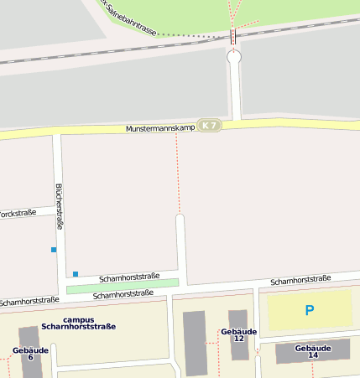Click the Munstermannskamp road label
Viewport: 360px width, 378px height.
coord(160,128)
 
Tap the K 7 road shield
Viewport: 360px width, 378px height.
coord(209,126)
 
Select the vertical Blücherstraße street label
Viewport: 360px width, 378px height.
coord(59,206)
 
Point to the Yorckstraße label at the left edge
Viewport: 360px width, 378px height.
coord(18,214)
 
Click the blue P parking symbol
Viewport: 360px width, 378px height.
coord(309,310)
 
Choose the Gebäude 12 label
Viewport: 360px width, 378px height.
coord(238,334)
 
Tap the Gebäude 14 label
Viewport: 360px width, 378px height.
coord(313,351)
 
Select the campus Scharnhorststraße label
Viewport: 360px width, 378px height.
coord(78,323)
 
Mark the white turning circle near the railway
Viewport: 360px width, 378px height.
coord(234,57)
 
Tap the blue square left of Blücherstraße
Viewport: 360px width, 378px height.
coord(54,250)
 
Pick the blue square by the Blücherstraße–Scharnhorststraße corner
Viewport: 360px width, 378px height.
coord(76,274)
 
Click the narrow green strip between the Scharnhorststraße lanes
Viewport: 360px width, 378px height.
coord(123,286)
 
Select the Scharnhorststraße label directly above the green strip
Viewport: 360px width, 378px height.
coord(129,277)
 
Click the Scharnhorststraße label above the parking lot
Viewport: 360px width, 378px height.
coord(300,278)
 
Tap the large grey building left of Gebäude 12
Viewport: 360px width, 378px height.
coord(195,342)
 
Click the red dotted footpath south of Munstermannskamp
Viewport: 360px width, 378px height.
coord(177,172)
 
